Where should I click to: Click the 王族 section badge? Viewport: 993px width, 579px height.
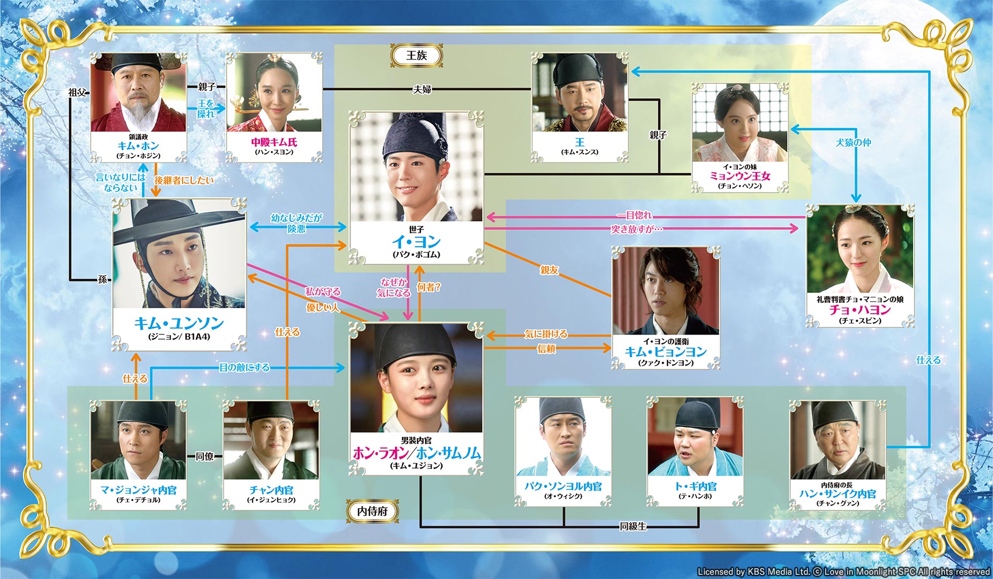(417, 55)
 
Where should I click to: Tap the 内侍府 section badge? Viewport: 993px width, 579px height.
(372, 511)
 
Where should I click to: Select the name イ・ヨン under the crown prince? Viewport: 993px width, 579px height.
(416, 242)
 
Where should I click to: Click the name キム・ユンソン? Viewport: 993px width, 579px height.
(179, 323)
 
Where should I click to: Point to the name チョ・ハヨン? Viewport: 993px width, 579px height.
(860, 310)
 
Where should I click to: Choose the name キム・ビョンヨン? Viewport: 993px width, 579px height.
(666, 352)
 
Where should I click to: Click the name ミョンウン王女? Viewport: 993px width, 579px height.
(740, 176)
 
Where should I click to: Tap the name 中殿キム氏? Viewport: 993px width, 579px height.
(274, 142)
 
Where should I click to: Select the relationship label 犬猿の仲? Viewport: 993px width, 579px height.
(853, 143)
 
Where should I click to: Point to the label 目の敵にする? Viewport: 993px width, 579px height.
(244, 367)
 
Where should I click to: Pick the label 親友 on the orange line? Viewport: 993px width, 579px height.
(549, 270)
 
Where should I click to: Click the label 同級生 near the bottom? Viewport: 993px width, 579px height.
(633, 526)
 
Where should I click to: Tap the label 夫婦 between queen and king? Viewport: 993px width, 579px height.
(422, 90)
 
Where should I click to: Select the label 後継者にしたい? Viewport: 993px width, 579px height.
(184, 181)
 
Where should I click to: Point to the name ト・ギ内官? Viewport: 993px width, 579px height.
(695, 486)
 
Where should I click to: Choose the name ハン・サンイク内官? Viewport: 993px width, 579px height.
(838, 494)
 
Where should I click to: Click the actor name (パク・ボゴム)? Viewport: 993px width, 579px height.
(416, 255)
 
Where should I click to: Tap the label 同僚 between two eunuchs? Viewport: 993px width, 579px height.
(205, 456)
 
